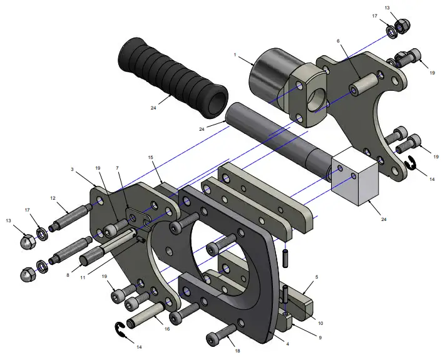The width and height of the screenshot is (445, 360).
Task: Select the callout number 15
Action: point(150,157)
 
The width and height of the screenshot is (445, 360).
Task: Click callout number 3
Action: point(73,170)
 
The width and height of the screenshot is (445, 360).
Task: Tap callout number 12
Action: point(54,198)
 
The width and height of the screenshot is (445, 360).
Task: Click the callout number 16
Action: point(166,327)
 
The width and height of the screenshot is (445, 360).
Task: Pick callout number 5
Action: point(317,276)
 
